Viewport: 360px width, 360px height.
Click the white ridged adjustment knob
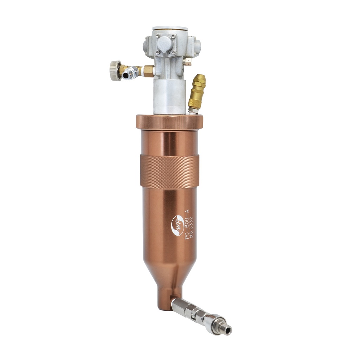pyautogui.click(x=115, y=70)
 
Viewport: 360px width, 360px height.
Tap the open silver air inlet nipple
pyautogui.click(x=127, y=75)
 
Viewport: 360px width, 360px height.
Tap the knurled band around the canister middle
pyautogui.click(x=170, y=171)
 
